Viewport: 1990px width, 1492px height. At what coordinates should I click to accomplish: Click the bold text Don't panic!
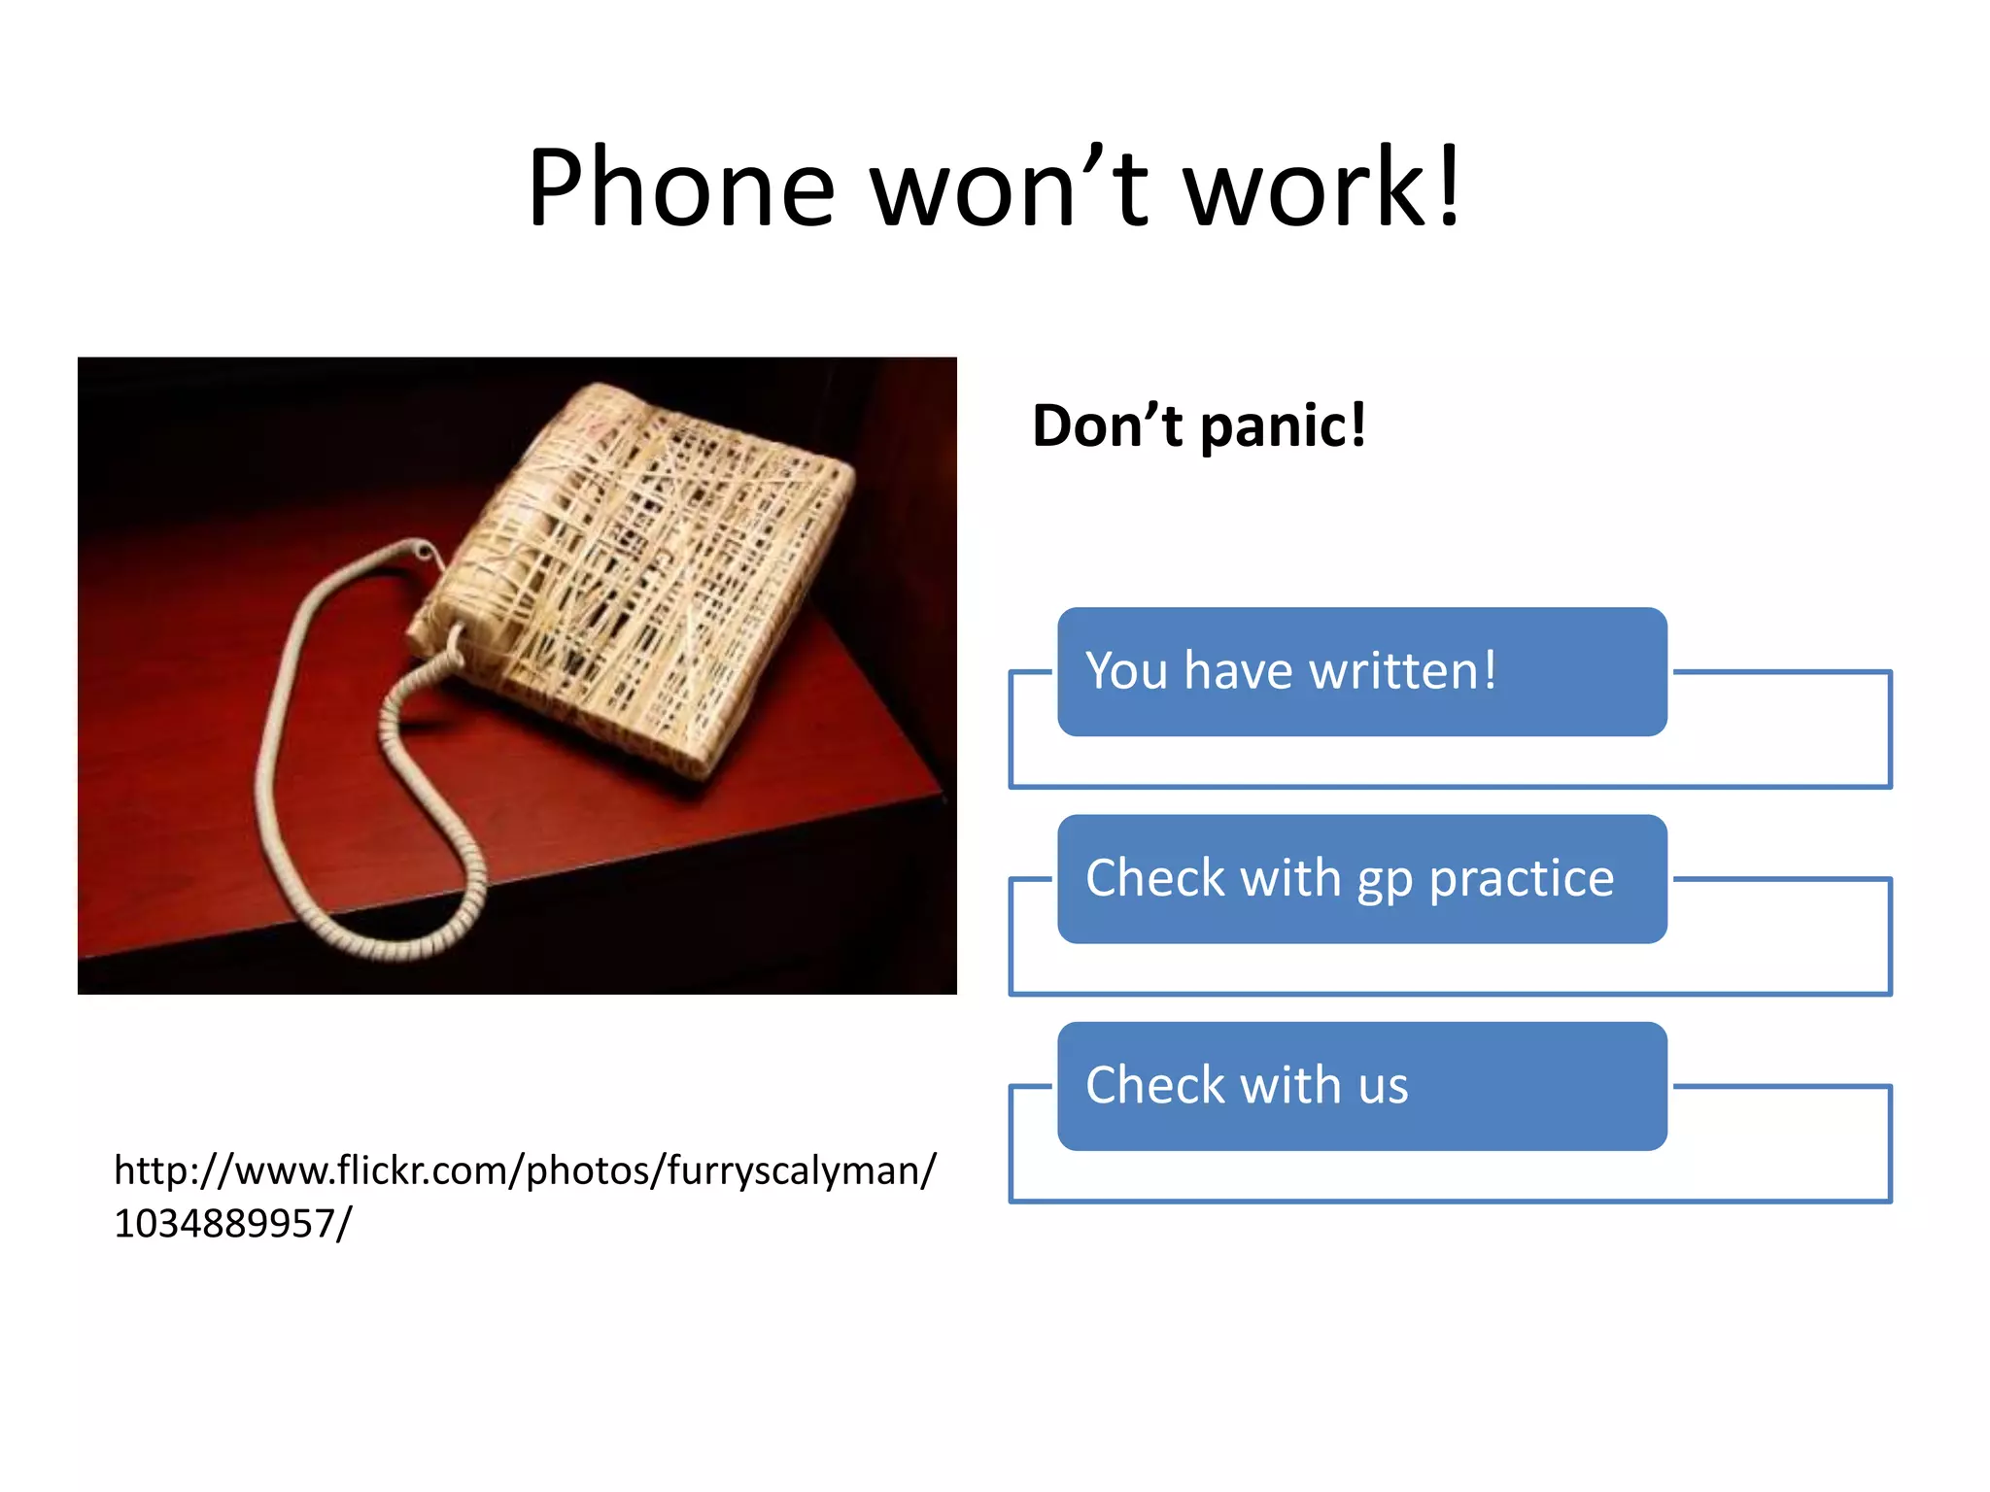(x=1198, y=426)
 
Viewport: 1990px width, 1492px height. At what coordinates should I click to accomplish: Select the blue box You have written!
(x=1361, y=671)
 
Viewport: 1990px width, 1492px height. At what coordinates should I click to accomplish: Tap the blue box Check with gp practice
(x=1361, y=878)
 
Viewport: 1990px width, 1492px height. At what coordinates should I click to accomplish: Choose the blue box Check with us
(x=1361, y=1086)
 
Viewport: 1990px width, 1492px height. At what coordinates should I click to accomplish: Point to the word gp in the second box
(x=1384, y=880)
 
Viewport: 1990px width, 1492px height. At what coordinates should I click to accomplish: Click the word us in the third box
(x=1383, y=1086)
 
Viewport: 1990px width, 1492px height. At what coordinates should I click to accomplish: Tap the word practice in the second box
(x=1521, y=880)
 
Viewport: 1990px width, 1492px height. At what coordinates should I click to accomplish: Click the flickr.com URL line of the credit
(x=525, y=1171)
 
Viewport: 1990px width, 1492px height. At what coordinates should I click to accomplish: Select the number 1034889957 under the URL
(x=223, y=1224)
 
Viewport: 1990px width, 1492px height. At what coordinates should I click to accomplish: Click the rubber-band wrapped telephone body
(x=641, y=573)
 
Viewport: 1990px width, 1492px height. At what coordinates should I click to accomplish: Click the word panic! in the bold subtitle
(x=1283, y=426)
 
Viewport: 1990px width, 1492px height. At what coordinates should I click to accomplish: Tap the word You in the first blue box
(x=1125, y=671)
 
